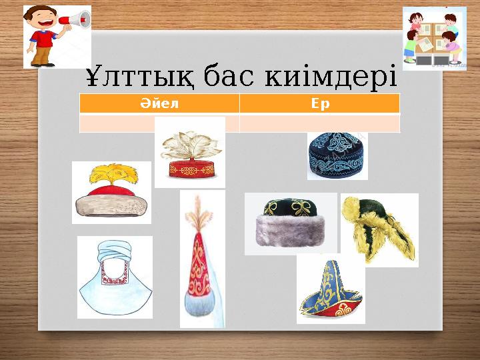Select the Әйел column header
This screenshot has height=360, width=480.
pyautogui.click(x=159, y=104)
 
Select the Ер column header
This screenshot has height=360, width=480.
pyautogui.click(x=320, y=104)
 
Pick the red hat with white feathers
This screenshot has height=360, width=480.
pyautogui.click(x=190, y=152)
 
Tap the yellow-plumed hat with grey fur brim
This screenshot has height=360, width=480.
pyautogui.click(x=111, y=193)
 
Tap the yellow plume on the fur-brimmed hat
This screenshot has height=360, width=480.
pyautogui.click(x=111, y=176)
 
